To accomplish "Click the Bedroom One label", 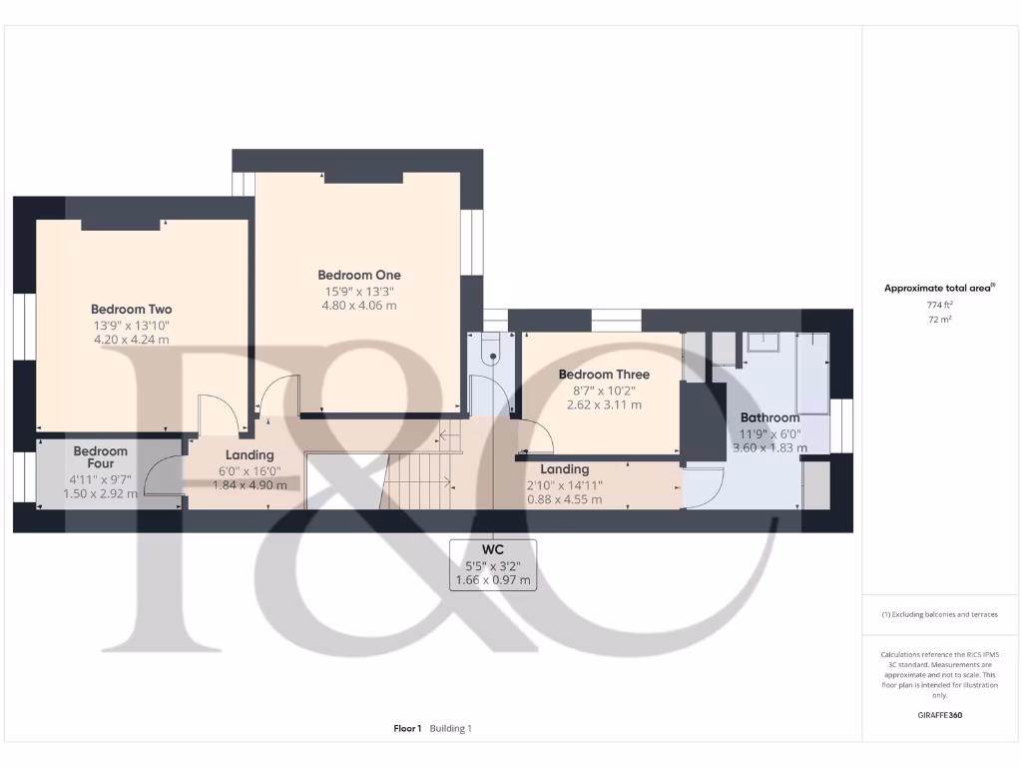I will [x=359, y=275].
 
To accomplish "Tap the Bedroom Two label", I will [x=132, y=310].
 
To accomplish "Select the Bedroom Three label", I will [x=604, y=375].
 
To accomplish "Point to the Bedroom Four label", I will [x=101, y=457].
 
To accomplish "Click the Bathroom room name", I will [x=769, y=417].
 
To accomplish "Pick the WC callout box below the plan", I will [x=493, y=564].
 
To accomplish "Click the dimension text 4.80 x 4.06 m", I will [x=359, y=306].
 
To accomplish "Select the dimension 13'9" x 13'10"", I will [x=132, y=326].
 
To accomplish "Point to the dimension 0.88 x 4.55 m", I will [x=565, y=499].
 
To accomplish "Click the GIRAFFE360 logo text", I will [x=939, y=715].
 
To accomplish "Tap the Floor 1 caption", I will [x=407, y=729].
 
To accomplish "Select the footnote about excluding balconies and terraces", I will [x=938, y=614].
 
